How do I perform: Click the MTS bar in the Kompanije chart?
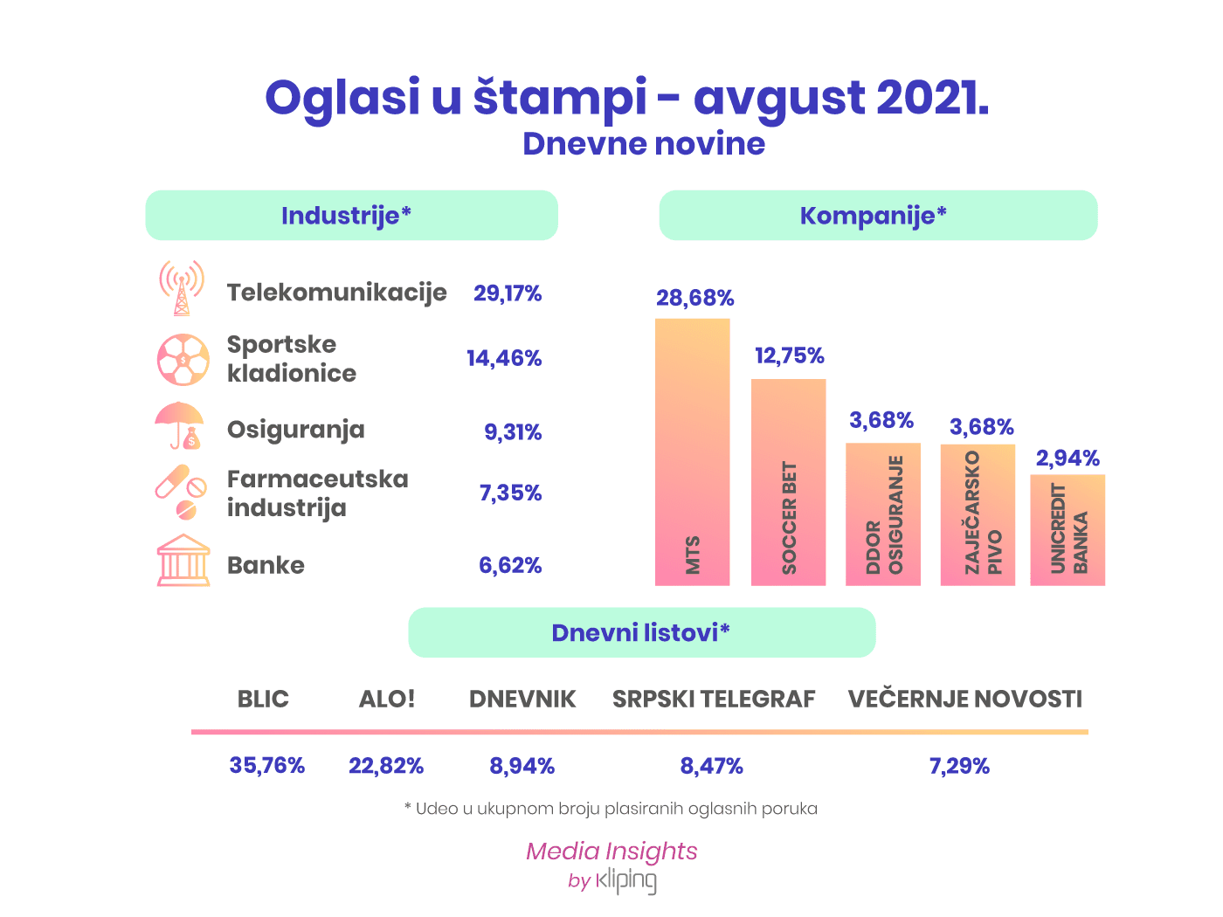(692, 452)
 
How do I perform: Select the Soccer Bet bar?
(788, 482)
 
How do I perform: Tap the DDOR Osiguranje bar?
(882, 514)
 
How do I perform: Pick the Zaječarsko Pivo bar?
(978, 515)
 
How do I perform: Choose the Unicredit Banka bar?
(1067, 530)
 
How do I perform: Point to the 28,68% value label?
(694, 298)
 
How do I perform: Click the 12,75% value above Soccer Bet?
(789, 355)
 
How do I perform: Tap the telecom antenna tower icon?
(181, 288)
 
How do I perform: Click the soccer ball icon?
(183, 360)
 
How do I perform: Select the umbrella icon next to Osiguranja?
(179, 425)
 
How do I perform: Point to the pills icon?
(181, 492)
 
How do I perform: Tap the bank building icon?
(183, 560)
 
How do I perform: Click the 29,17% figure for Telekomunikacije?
(507, 293)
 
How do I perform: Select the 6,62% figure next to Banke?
(510, 565)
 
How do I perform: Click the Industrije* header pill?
(351, 216)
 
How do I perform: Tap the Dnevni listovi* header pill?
(642, 632)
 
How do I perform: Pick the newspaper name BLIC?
(263, 699)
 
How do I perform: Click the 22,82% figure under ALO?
(386, 766)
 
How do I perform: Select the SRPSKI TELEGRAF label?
(714, 699)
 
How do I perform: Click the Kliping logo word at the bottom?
(626, 880)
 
